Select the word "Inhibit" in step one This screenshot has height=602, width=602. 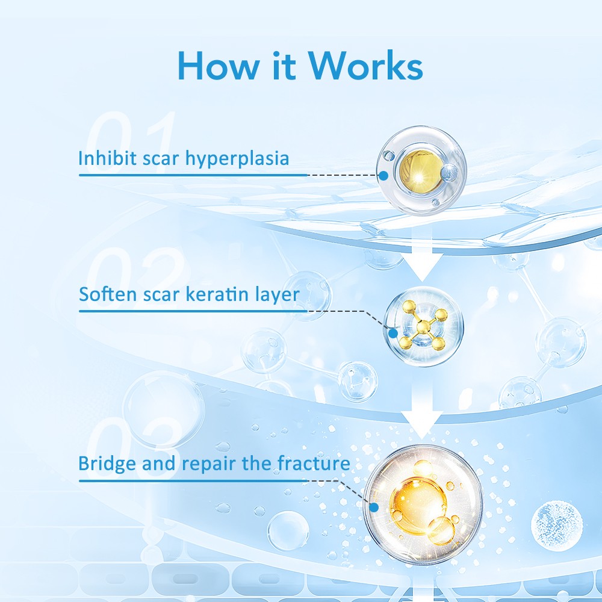[x=107, y=158]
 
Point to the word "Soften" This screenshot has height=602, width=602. [x=108, y=294]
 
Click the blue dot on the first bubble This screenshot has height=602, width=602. [x=383, y=176]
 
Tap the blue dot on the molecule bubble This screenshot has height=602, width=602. [x=393, y=334]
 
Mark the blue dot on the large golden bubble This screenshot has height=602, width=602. [x=374, y=507]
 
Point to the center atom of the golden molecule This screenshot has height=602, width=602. [x=423, y=327]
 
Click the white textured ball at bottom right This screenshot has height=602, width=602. [x=557, y=526]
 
